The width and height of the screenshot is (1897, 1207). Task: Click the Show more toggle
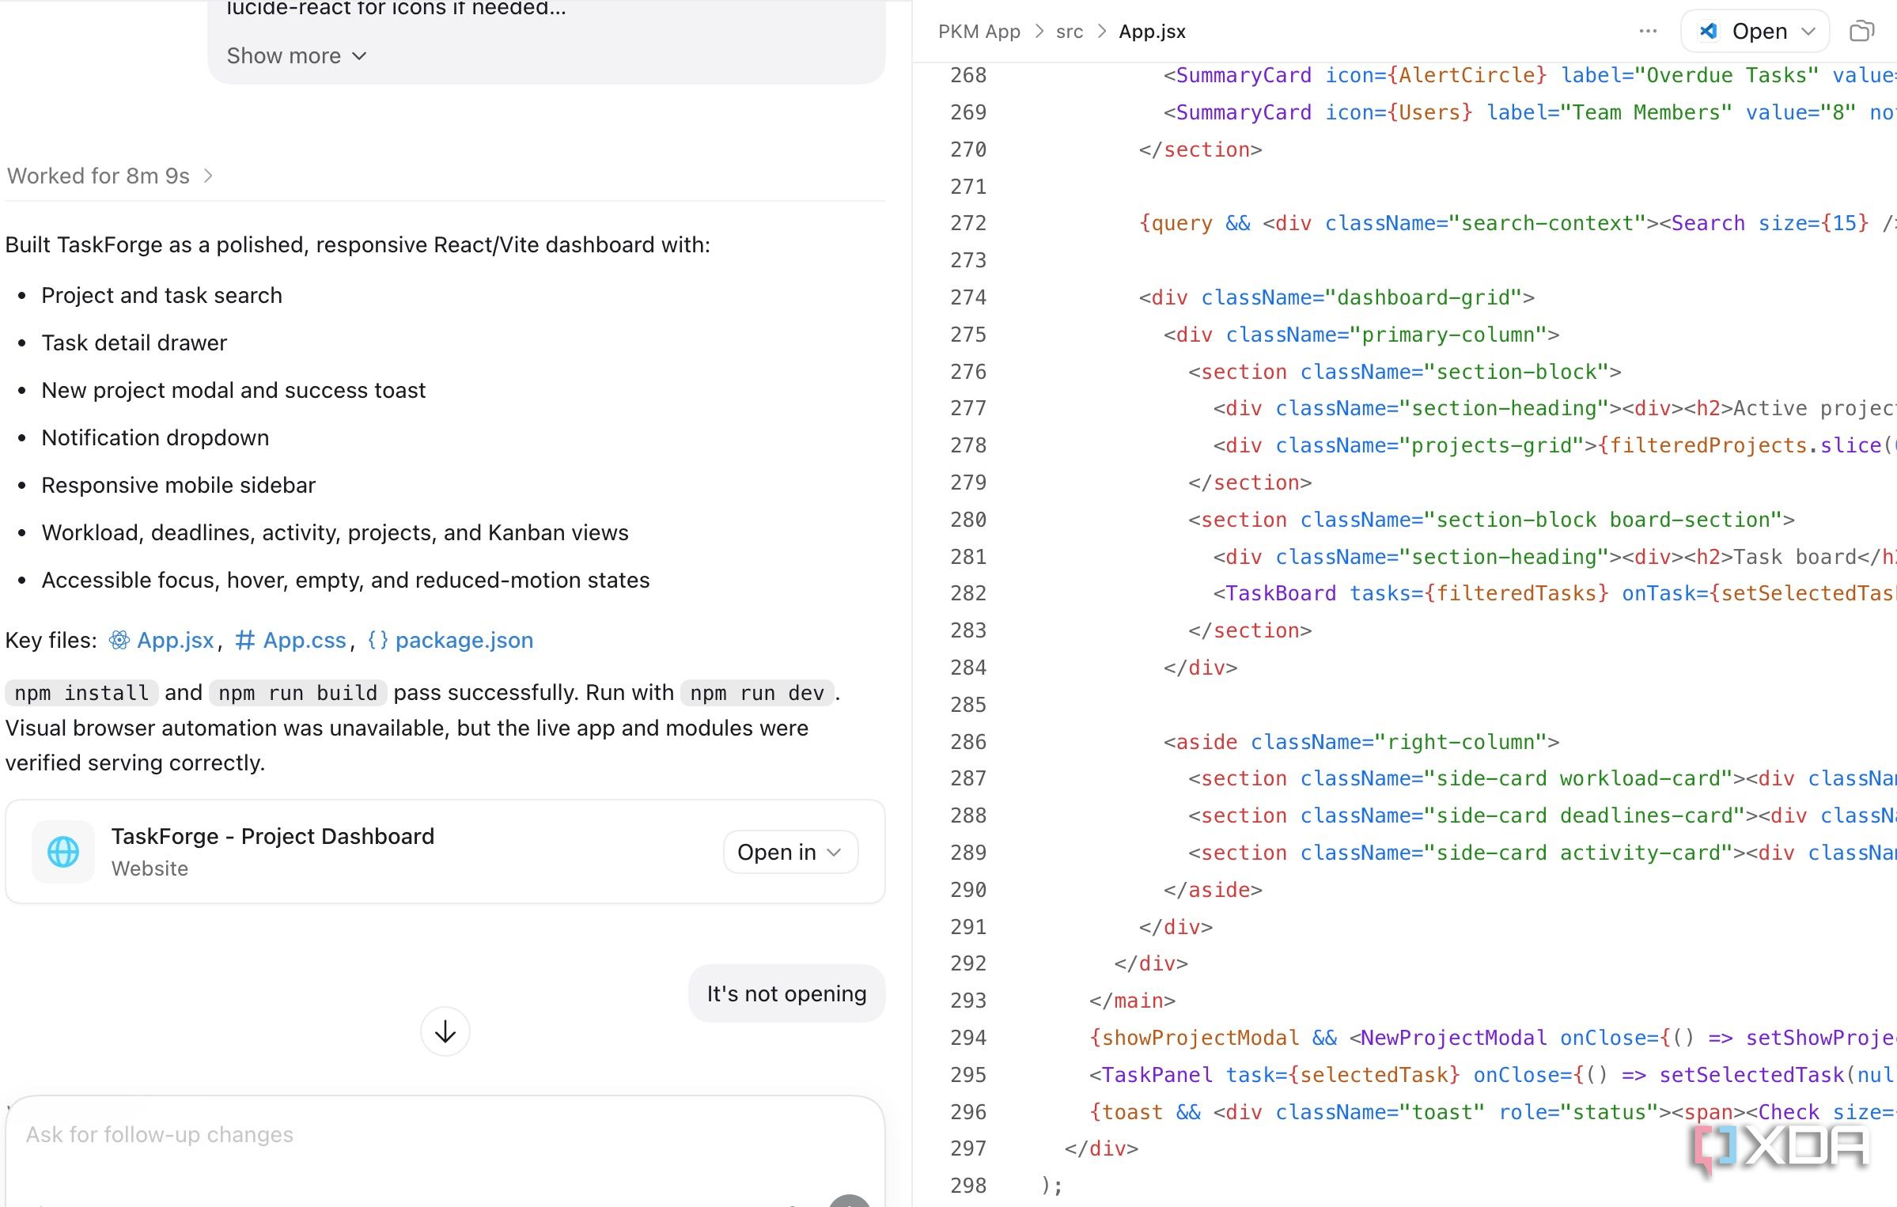(297, 56)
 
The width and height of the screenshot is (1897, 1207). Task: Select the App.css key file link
(290, 640)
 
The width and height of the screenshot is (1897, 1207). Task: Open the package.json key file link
(450, 640)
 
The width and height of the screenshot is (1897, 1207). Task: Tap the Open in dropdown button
(790, 852)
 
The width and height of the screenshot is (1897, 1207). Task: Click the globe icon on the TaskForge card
(63, 852)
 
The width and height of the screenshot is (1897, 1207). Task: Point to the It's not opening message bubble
(786, 993)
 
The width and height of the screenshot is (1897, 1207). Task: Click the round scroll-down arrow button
(445, 1031)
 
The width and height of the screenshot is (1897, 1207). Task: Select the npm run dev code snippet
(757, 693)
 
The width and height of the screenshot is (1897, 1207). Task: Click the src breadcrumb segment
(1070, 32)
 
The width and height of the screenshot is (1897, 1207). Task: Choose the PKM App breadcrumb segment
(979, 32)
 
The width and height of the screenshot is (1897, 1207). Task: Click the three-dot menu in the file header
(1648, 31)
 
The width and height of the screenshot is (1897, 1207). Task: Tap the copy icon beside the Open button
(1862, 31)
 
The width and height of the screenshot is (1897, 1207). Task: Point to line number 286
(968, 742)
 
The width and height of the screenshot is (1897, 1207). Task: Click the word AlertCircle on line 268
(1467, 75)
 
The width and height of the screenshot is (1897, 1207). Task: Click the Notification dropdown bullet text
(155, 437)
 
